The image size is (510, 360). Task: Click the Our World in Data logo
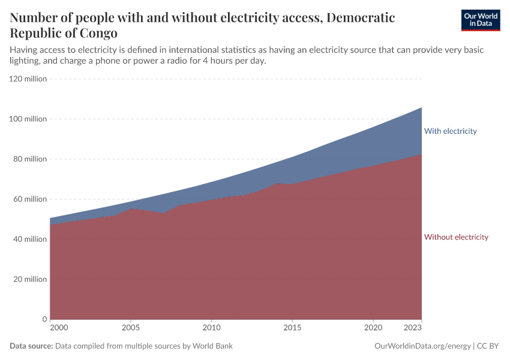[x=480, y=20]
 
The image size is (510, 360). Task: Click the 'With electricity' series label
[x=450, y=131]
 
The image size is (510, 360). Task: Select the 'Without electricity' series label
[x=456, y=237]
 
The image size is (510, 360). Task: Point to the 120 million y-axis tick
[x=28, y=79]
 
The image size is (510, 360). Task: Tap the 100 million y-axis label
[x=28, y=119]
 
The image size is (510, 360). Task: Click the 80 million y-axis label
[x=30, y=159]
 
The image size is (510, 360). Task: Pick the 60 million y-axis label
[x=30, y=199]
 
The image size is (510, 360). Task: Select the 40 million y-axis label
[x=30, y=239]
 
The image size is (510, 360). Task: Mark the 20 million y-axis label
[x=30, y=279]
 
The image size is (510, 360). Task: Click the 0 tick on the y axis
[x=44, y=319]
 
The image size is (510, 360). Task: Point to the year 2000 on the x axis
[x=59, y=328]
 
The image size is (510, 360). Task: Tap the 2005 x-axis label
[x=131, y=328]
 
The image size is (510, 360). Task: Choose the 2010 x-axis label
[x=211, y=328]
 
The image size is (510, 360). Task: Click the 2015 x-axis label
[x=292, y=328]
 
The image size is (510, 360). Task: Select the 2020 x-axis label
[x=373, y=328]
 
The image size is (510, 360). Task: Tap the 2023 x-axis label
[x=413, y=328]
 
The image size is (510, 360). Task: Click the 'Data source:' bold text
[x=32, y=346]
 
